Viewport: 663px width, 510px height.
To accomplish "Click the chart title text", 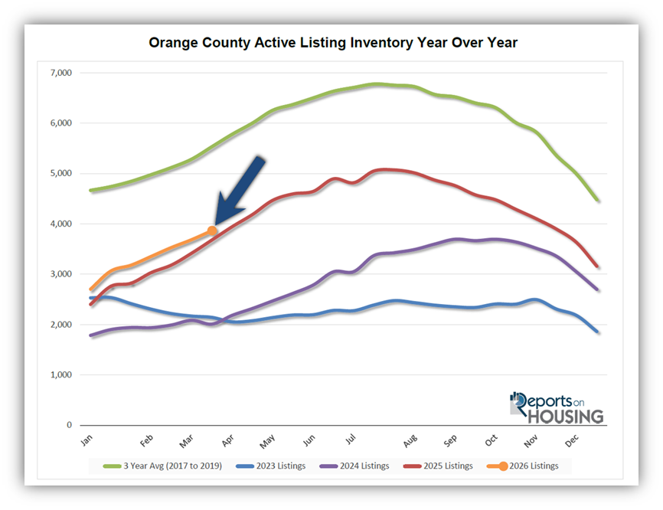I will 333,43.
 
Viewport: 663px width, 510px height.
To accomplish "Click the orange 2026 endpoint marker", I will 212,230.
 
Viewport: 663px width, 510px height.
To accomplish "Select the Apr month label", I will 227,441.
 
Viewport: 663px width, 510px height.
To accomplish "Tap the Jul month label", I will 351,441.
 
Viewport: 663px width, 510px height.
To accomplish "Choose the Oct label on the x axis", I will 491,441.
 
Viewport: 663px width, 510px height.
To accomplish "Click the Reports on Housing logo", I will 557,407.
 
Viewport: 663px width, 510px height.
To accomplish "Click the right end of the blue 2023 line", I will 598,332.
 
